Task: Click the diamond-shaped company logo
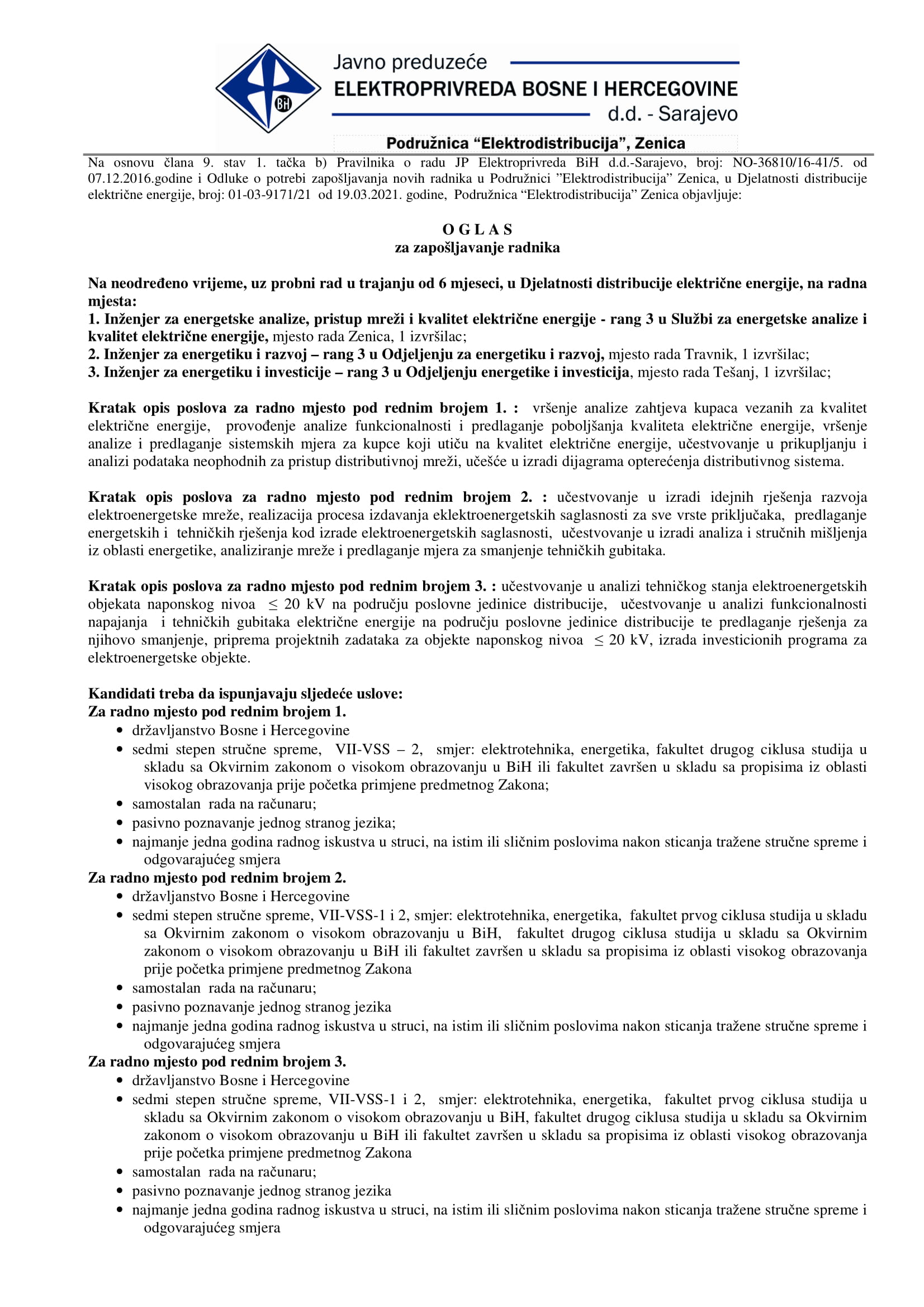click(x=268, y=88)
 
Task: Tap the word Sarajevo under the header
click(x=698, y=114)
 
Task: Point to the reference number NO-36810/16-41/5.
click(x=787, y=162)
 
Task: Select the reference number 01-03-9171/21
click(x=270, y=194)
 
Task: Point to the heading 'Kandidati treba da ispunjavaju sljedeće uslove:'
click(x=245, y=693)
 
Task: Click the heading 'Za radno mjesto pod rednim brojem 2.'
click(x=217, y=877)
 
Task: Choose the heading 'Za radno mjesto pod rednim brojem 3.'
click(x=217, y=1061)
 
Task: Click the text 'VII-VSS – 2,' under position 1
click(x=378, y=749)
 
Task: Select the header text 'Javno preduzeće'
click(x=410, y=62)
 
